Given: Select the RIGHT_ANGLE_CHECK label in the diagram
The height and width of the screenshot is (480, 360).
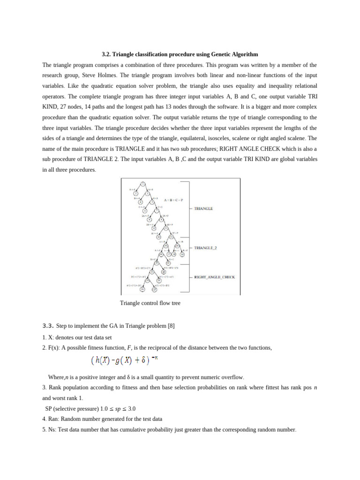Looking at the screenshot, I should tap(215, 277).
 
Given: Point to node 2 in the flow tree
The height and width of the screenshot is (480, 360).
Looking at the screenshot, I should tap(135, 193).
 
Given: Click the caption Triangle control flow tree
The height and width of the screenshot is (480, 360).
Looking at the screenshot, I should tap(150, 303).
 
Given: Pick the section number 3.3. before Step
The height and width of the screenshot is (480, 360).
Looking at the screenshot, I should tap(49, 326).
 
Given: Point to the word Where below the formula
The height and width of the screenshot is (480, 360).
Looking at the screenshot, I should tap(56, 377).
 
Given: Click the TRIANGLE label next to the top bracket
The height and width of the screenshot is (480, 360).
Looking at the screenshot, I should tap(203, 209).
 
